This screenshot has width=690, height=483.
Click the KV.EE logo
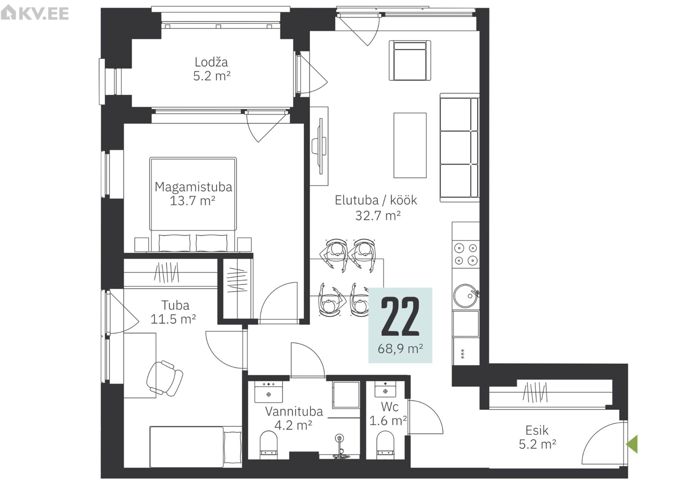34,13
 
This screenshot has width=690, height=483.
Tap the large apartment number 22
400,317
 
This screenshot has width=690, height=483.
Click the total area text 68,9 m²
400,348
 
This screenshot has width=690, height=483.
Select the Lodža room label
211,62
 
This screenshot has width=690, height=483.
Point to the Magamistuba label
193,187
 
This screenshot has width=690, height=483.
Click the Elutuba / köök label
376,200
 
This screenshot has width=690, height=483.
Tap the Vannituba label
294,411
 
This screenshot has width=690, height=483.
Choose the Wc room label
390,407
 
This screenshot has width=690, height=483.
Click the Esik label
537,430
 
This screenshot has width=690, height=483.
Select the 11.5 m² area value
173,319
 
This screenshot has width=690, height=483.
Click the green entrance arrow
632,444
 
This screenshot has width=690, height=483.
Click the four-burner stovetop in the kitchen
466,254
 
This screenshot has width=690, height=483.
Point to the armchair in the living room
410,60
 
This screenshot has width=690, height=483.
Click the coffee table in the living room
410,145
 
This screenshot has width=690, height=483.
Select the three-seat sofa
460,148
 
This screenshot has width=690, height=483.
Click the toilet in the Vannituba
268,445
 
